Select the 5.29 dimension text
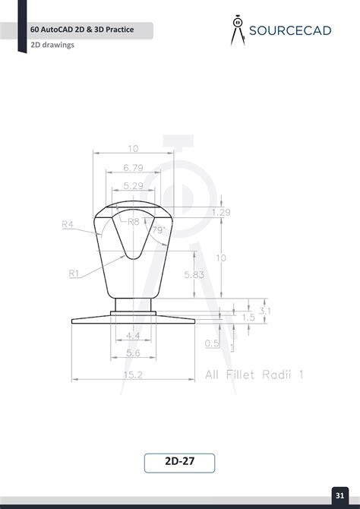tap(133, 185)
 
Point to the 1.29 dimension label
tap(221, 212)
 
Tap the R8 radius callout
tap(134, 222)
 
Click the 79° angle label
tap(158, 229)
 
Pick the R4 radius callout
tap(68, 224)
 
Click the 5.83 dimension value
tap(194, 275)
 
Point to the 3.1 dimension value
tap(265, 311)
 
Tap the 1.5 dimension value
tap(248, 318)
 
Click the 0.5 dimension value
tap(212, 343)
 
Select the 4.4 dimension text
tap(133, 335)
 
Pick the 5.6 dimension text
tap(133, 353)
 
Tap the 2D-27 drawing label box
tap(180, 463)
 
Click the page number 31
tap(339, 496)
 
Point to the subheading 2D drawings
tap(52, 45)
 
